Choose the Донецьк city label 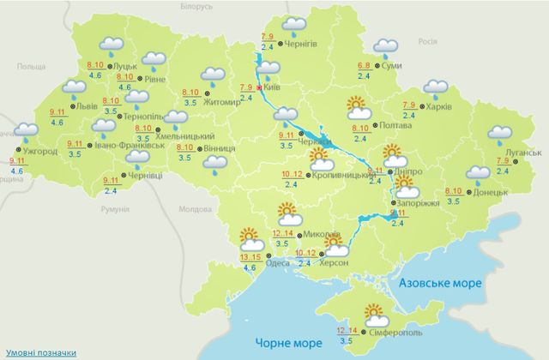coord(491,193)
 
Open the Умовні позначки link coord(37,352)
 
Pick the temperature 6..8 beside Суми coord(364,66)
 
